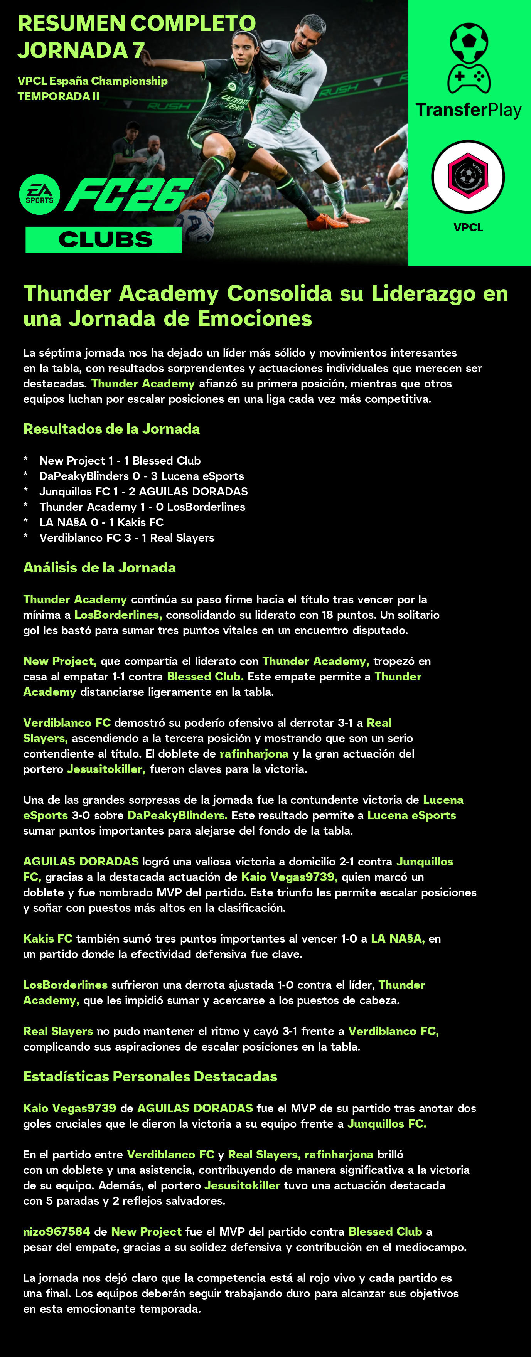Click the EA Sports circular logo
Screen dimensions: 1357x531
coord(39,194)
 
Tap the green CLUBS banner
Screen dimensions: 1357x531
coord(104,240)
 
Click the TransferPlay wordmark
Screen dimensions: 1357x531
coord(468,110)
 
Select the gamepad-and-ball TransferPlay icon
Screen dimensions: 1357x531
coord(468,58)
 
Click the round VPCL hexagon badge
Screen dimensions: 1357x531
coord(468,177)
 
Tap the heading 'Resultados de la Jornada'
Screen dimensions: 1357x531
coord(111,429)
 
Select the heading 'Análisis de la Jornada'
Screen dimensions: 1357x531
coord(99,567)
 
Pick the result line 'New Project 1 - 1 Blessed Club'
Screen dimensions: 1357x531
coord(120,460)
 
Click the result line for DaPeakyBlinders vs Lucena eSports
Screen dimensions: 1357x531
coord(141,476)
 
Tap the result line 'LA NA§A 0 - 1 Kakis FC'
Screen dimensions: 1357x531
coord(101,522)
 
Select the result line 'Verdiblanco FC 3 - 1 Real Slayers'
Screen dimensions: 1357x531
coord(126,538)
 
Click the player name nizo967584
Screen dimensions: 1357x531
coord(56,1231)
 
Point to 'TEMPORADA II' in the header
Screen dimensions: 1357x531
coord(59,96)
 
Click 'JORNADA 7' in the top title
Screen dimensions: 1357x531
coord(81,51)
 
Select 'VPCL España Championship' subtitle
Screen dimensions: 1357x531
coord(93,81)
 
